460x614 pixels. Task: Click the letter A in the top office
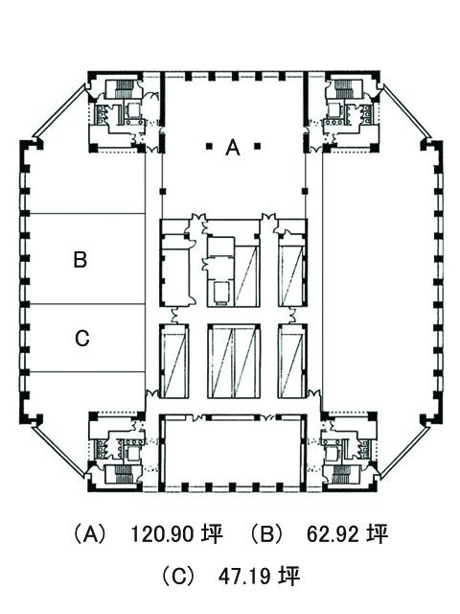coord(232,148)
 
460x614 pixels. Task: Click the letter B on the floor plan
coord(80,259)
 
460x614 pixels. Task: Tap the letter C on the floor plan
coord(82,339)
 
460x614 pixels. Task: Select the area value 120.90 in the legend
coord(162,533)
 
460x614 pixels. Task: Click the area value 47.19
coord(244,576)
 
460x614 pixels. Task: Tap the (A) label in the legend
coord(90,533)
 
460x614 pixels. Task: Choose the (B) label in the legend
coord(266,533)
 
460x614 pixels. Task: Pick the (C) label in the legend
coord(178,576)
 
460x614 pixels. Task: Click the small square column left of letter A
coord(209,147)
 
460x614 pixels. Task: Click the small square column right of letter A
coord(257,147)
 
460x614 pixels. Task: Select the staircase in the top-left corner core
coord(125,88)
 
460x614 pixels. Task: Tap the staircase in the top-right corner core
coord(343,88)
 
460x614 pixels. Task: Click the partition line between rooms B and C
coord(87,304)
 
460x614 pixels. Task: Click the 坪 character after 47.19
coord(289,576)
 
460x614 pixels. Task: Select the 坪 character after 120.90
coord(212,533)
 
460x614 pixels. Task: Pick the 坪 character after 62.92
coord(377,533)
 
